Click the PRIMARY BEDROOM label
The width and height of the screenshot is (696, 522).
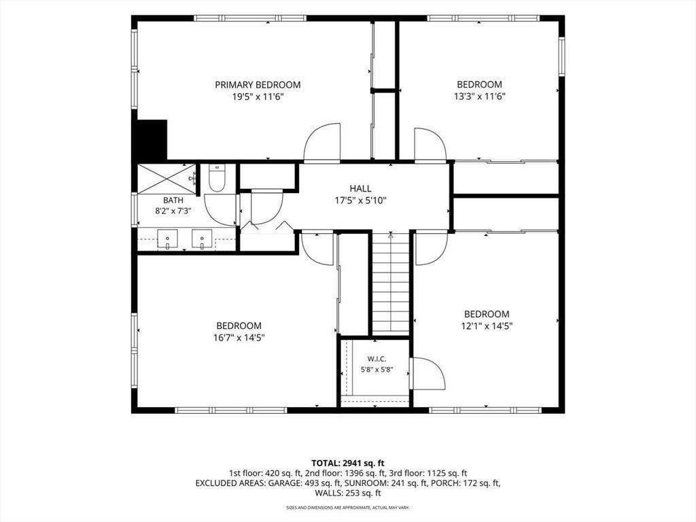coord(258,85)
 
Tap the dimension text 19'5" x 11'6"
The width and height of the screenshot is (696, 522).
coord(258,97)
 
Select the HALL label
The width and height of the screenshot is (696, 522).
coord(360,189)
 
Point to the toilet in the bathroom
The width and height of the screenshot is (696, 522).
coord(217,178)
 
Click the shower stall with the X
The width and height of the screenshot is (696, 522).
coord(167,179)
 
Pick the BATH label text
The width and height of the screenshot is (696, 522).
coord(173,201)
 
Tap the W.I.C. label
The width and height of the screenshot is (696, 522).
coord(377,359)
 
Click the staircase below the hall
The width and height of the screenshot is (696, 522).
coord(391,283)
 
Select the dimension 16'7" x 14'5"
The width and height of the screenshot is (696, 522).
coord(239,338)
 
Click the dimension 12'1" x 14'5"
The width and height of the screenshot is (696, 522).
coord(487,326)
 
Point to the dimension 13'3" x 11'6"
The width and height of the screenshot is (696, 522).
coord(480,97)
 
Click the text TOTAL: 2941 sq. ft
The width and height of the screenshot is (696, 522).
coord(348,464)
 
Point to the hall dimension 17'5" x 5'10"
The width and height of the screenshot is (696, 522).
coord(360,201)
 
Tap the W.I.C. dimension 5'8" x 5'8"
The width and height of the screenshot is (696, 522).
coord(377,369)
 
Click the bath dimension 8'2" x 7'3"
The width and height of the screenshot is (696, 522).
coord(173,211)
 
